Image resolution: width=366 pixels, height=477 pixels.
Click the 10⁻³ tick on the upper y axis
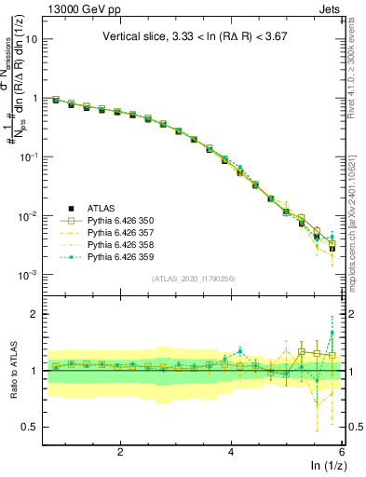pyautogui.click(x=28, y=275)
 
